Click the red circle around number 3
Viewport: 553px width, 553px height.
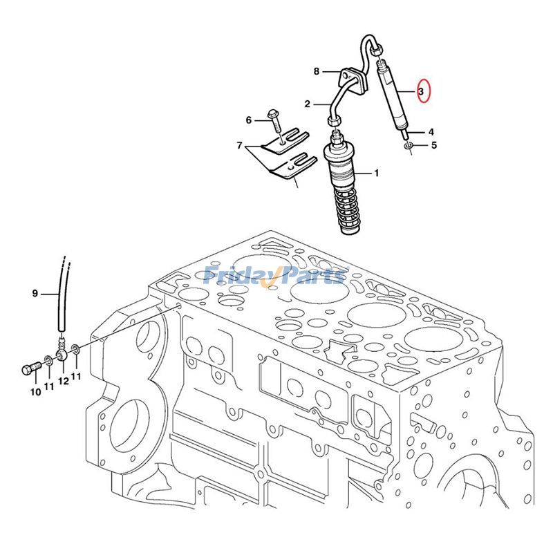coord(424,91)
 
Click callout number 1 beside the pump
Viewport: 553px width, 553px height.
coord(376,174)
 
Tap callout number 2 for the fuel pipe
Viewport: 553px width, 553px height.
coord(307,104)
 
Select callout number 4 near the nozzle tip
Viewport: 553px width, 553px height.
coord(431,132)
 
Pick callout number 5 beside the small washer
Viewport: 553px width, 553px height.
coord(434,145)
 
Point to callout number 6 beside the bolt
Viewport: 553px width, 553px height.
coord(249,120)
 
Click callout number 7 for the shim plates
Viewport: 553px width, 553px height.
coord(239,145)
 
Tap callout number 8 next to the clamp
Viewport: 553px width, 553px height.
coord(317,72)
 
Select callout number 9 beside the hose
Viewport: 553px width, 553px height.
coord(35,293)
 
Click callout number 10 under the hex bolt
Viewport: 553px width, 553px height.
coord(36,392)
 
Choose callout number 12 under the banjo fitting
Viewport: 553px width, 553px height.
coord(64,381)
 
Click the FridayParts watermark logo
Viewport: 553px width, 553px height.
coord(275,275)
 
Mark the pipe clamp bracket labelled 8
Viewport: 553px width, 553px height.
coord(353,81)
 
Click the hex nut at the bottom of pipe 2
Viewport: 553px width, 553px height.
coord(334,121)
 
